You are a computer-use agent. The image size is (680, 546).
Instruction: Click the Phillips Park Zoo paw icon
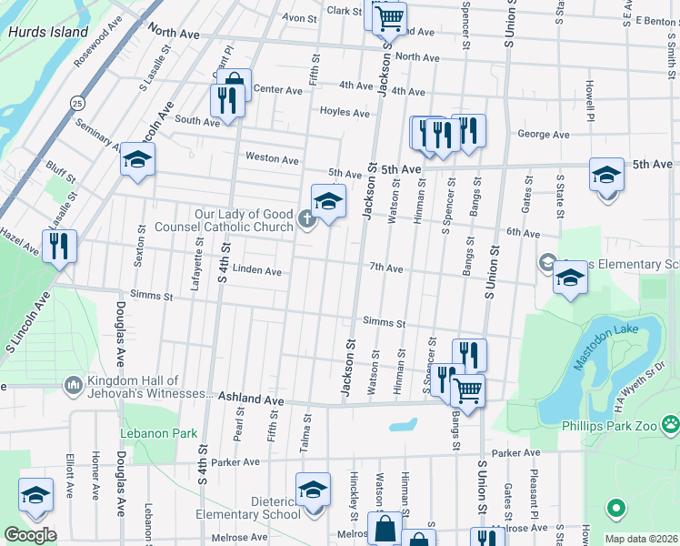670,423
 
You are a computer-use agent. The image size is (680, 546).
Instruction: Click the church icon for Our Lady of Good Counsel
307,219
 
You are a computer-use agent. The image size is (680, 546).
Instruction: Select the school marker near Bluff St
137,161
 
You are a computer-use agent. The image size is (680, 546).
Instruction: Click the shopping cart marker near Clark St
389,16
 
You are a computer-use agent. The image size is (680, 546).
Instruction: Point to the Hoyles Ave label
345,113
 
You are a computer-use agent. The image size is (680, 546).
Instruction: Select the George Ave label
543,135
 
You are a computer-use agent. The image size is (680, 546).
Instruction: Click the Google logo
30,534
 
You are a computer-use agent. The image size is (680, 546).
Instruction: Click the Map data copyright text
641,539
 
